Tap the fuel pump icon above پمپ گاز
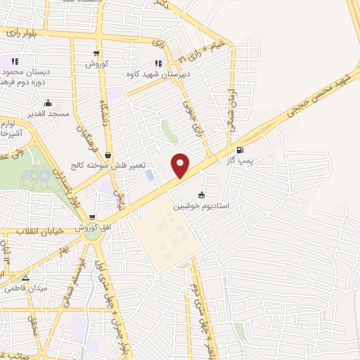[x=241, y=149]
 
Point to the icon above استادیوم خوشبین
[x=202, y=194]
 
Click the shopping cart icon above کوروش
[x=96, y=53]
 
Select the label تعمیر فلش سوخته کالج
[x=107, y=165]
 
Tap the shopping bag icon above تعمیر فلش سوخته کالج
[x=107, y=155]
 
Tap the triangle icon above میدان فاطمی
[x=25, y=277]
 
